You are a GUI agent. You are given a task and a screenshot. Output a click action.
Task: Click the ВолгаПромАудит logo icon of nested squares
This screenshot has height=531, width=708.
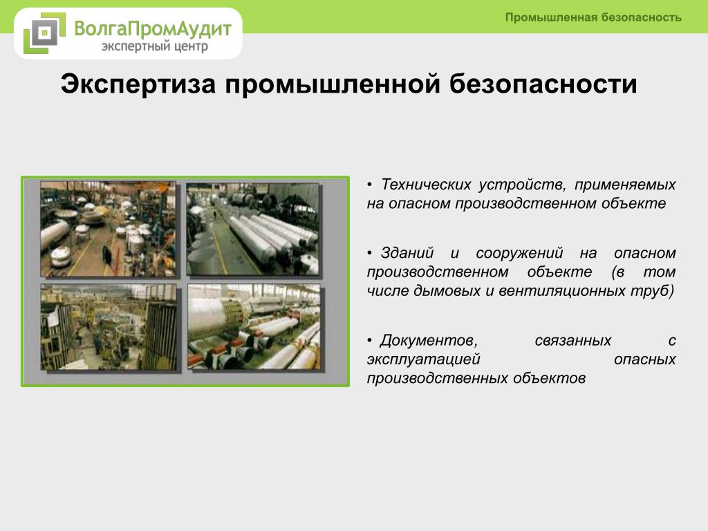tap(44, 33)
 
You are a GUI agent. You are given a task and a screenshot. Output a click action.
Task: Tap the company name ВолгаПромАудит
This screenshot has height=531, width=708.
tap(153, 28)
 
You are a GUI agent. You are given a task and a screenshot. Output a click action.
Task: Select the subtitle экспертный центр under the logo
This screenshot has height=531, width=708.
tap(155, 46)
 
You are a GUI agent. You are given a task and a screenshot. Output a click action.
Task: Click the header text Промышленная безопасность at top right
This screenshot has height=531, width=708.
tap(593, 17)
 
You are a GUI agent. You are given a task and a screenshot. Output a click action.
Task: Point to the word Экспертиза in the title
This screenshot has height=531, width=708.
tap(138, 84)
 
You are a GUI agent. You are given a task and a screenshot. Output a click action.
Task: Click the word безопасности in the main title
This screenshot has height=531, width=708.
tap(543, 84)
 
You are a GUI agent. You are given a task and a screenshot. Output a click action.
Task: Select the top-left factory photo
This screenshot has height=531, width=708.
tap(108, 228)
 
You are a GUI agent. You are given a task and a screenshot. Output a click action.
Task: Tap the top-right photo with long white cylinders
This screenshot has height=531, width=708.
tap(253, 229)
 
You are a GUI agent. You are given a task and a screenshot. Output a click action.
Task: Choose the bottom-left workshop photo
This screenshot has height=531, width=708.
tap(109, 327)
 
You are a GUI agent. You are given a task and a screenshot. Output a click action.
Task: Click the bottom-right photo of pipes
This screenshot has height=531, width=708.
tap(254, 327)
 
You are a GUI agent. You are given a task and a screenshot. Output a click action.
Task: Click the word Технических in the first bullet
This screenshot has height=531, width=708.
tap(426, 185)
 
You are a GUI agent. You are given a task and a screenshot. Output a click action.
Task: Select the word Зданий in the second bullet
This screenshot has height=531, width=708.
tap(407, 253)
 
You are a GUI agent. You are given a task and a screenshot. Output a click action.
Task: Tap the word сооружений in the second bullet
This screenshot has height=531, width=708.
tap(519, 254)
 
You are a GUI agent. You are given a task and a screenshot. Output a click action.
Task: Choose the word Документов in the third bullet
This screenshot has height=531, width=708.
tap(429, 340)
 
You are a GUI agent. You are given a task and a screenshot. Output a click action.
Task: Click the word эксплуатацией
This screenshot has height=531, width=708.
tap(423, 360)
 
